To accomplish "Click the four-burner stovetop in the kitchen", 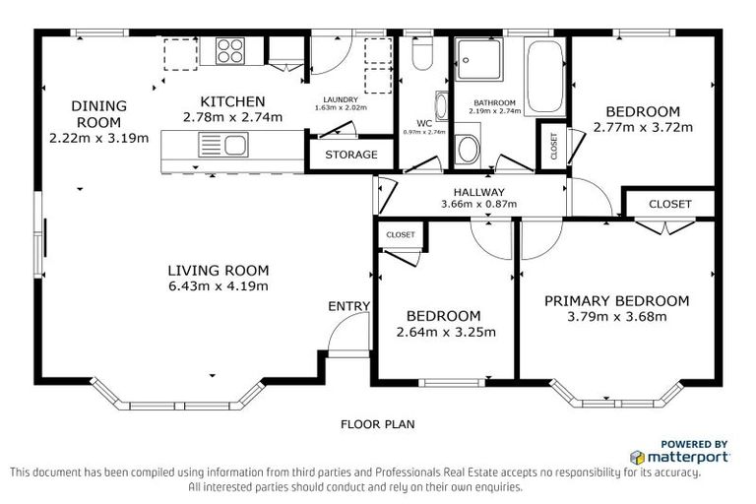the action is click(x=230, y=50).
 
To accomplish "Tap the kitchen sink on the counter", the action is click(x=223, y=145).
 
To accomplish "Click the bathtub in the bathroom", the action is click(x=544, y=76).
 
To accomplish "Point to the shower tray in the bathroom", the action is click(x=479, y=59).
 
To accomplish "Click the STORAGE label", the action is click(x=351, y=155).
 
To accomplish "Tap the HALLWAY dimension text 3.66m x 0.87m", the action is click(x=478, y=204).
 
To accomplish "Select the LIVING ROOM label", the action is click(x=219, y=270).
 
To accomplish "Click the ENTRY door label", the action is click(x=349, y=306).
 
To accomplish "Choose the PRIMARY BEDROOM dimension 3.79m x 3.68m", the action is click(x=617, y=317).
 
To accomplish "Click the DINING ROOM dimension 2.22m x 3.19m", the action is click(x=98, y=139).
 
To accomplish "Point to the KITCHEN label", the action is click(x=232, y=101).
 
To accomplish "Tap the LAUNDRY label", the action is click(x=341, y=99).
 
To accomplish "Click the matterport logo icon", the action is click(x=638, y=457).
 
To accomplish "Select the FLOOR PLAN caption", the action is click(x=378, y=424).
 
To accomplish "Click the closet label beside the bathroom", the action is click(x=553, y=146).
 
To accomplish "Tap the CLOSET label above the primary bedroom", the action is click(x=669, y=204).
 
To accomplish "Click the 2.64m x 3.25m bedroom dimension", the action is click(x=446, y=333).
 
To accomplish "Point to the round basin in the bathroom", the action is click(x=468, y=149).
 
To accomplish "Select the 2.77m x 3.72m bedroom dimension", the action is click(x=643, y=128).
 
